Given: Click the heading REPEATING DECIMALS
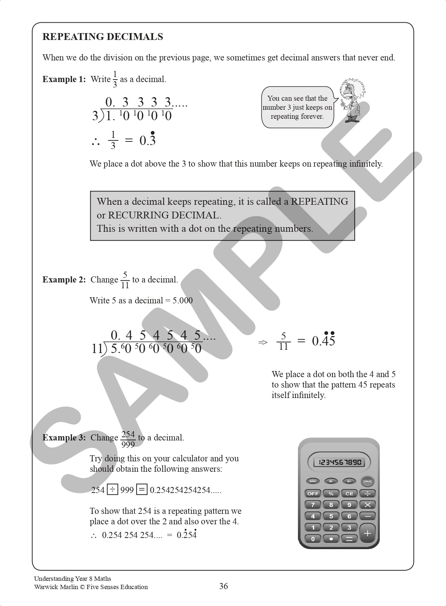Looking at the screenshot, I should click(x=102, y=37).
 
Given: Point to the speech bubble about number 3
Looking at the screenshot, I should click(x=297, y=107).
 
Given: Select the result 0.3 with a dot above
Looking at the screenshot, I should click(x=148, y=140).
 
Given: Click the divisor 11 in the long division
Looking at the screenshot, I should click(x=97, y=348).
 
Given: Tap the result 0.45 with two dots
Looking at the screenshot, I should click(x=323, y=340).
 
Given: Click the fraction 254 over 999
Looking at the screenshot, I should click(x=128, y=439).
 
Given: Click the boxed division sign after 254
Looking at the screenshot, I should click(x=112, y=490).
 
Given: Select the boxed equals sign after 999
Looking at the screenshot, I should click(x=142, y=490).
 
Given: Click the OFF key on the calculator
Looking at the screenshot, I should click(x=313, y=494).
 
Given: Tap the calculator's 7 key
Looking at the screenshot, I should click(x=313, y=505).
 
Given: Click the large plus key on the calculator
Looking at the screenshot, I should click(x=367, y=533).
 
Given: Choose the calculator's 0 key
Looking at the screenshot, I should click(x=313, y=539).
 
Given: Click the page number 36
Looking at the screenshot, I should click(x=224, y=587).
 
